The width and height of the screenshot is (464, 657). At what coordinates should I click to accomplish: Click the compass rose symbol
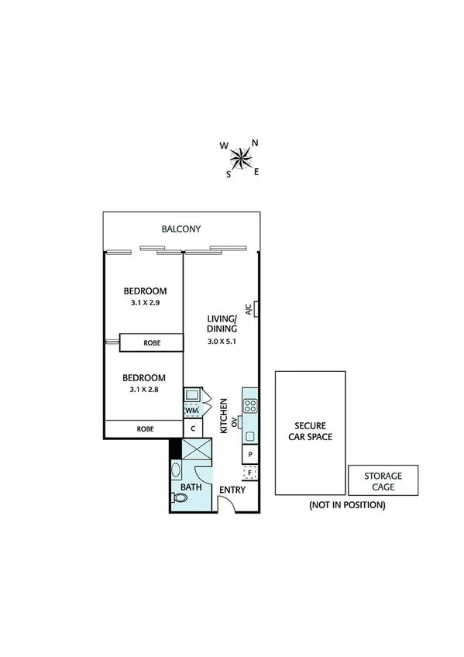(242, 158)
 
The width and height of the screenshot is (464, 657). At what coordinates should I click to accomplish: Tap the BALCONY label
(181, 229)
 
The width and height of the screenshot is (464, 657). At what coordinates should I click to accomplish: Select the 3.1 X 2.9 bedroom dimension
(145, 303)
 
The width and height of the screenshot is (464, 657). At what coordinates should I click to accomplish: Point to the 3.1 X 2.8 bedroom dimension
(145, 390)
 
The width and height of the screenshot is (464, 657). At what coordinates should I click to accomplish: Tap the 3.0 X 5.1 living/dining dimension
(222, 342)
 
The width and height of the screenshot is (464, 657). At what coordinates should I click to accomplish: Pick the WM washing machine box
(191, 411)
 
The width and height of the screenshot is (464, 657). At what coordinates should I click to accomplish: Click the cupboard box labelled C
(192, 428)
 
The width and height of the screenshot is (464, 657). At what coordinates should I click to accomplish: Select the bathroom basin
(176, 470)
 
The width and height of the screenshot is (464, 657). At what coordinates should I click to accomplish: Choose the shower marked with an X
(196, 449)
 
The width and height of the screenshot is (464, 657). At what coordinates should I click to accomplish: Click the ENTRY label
(232, 490)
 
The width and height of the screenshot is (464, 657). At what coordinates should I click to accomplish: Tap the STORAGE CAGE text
(383, 481)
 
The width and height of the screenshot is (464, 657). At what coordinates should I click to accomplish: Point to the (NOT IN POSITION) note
(346, 505)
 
